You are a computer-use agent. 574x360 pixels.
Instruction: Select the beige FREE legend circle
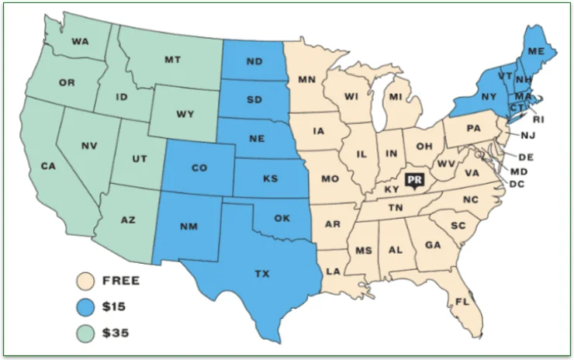pos(86,280)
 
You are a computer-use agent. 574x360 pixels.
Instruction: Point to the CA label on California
pos(48,165)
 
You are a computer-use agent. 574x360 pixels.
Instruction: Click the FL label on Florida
pos(462,301)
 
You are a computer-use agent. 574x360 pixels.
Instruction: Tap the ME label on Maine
pos(535,51)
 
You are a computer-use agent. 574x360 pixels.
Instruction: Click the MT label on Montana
pos(173,60)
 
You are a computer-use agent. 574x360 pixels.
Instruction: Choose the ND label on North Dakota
pos(254,63)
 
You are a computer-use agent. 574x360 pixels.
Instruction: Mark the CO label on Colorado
pos(199,167)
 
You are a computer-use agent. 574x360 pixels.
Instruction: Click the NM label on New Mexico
pos(188,227)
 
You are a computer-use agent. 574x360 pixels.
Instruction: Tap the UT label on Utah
pos(140,158)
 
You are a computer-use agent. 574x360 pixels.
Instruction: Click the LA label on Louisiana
pos(332,271)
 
